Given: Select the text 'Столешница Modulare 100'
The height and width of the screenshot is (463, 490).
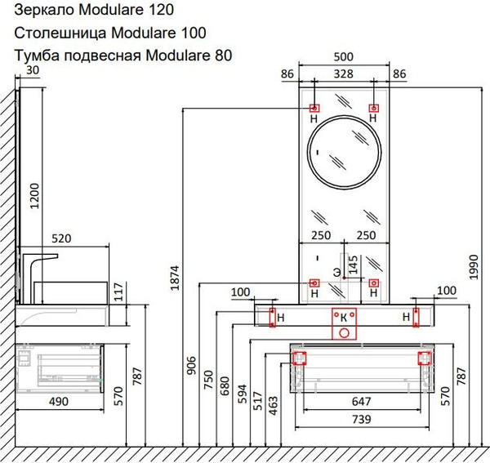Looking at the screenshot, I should tap(109, 33).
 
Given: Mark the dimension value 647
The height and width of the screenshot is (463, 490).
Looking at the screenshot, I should tap(360, 402).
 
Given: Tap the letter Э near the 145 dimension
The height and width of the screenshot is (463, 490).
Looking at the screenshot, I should tap(336, 270).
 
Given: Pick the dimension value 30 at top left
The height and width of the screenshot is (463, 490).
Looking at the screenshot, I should tap(32, 71).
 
